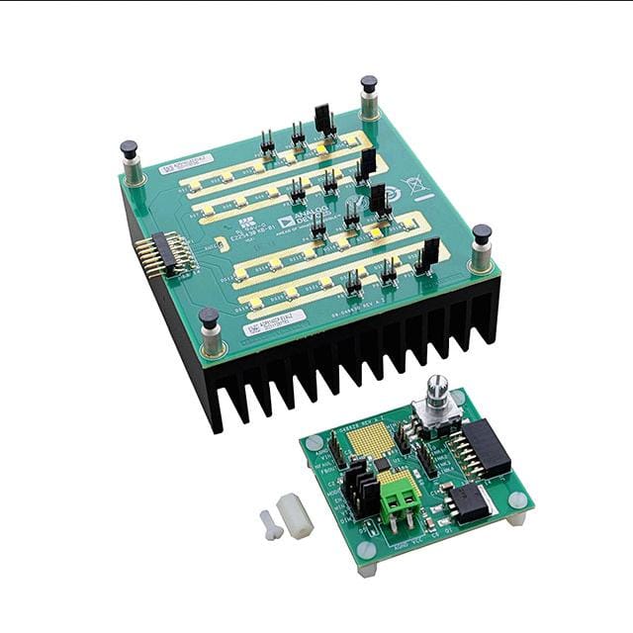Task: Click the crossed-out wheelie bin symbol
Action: [413, 183]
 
